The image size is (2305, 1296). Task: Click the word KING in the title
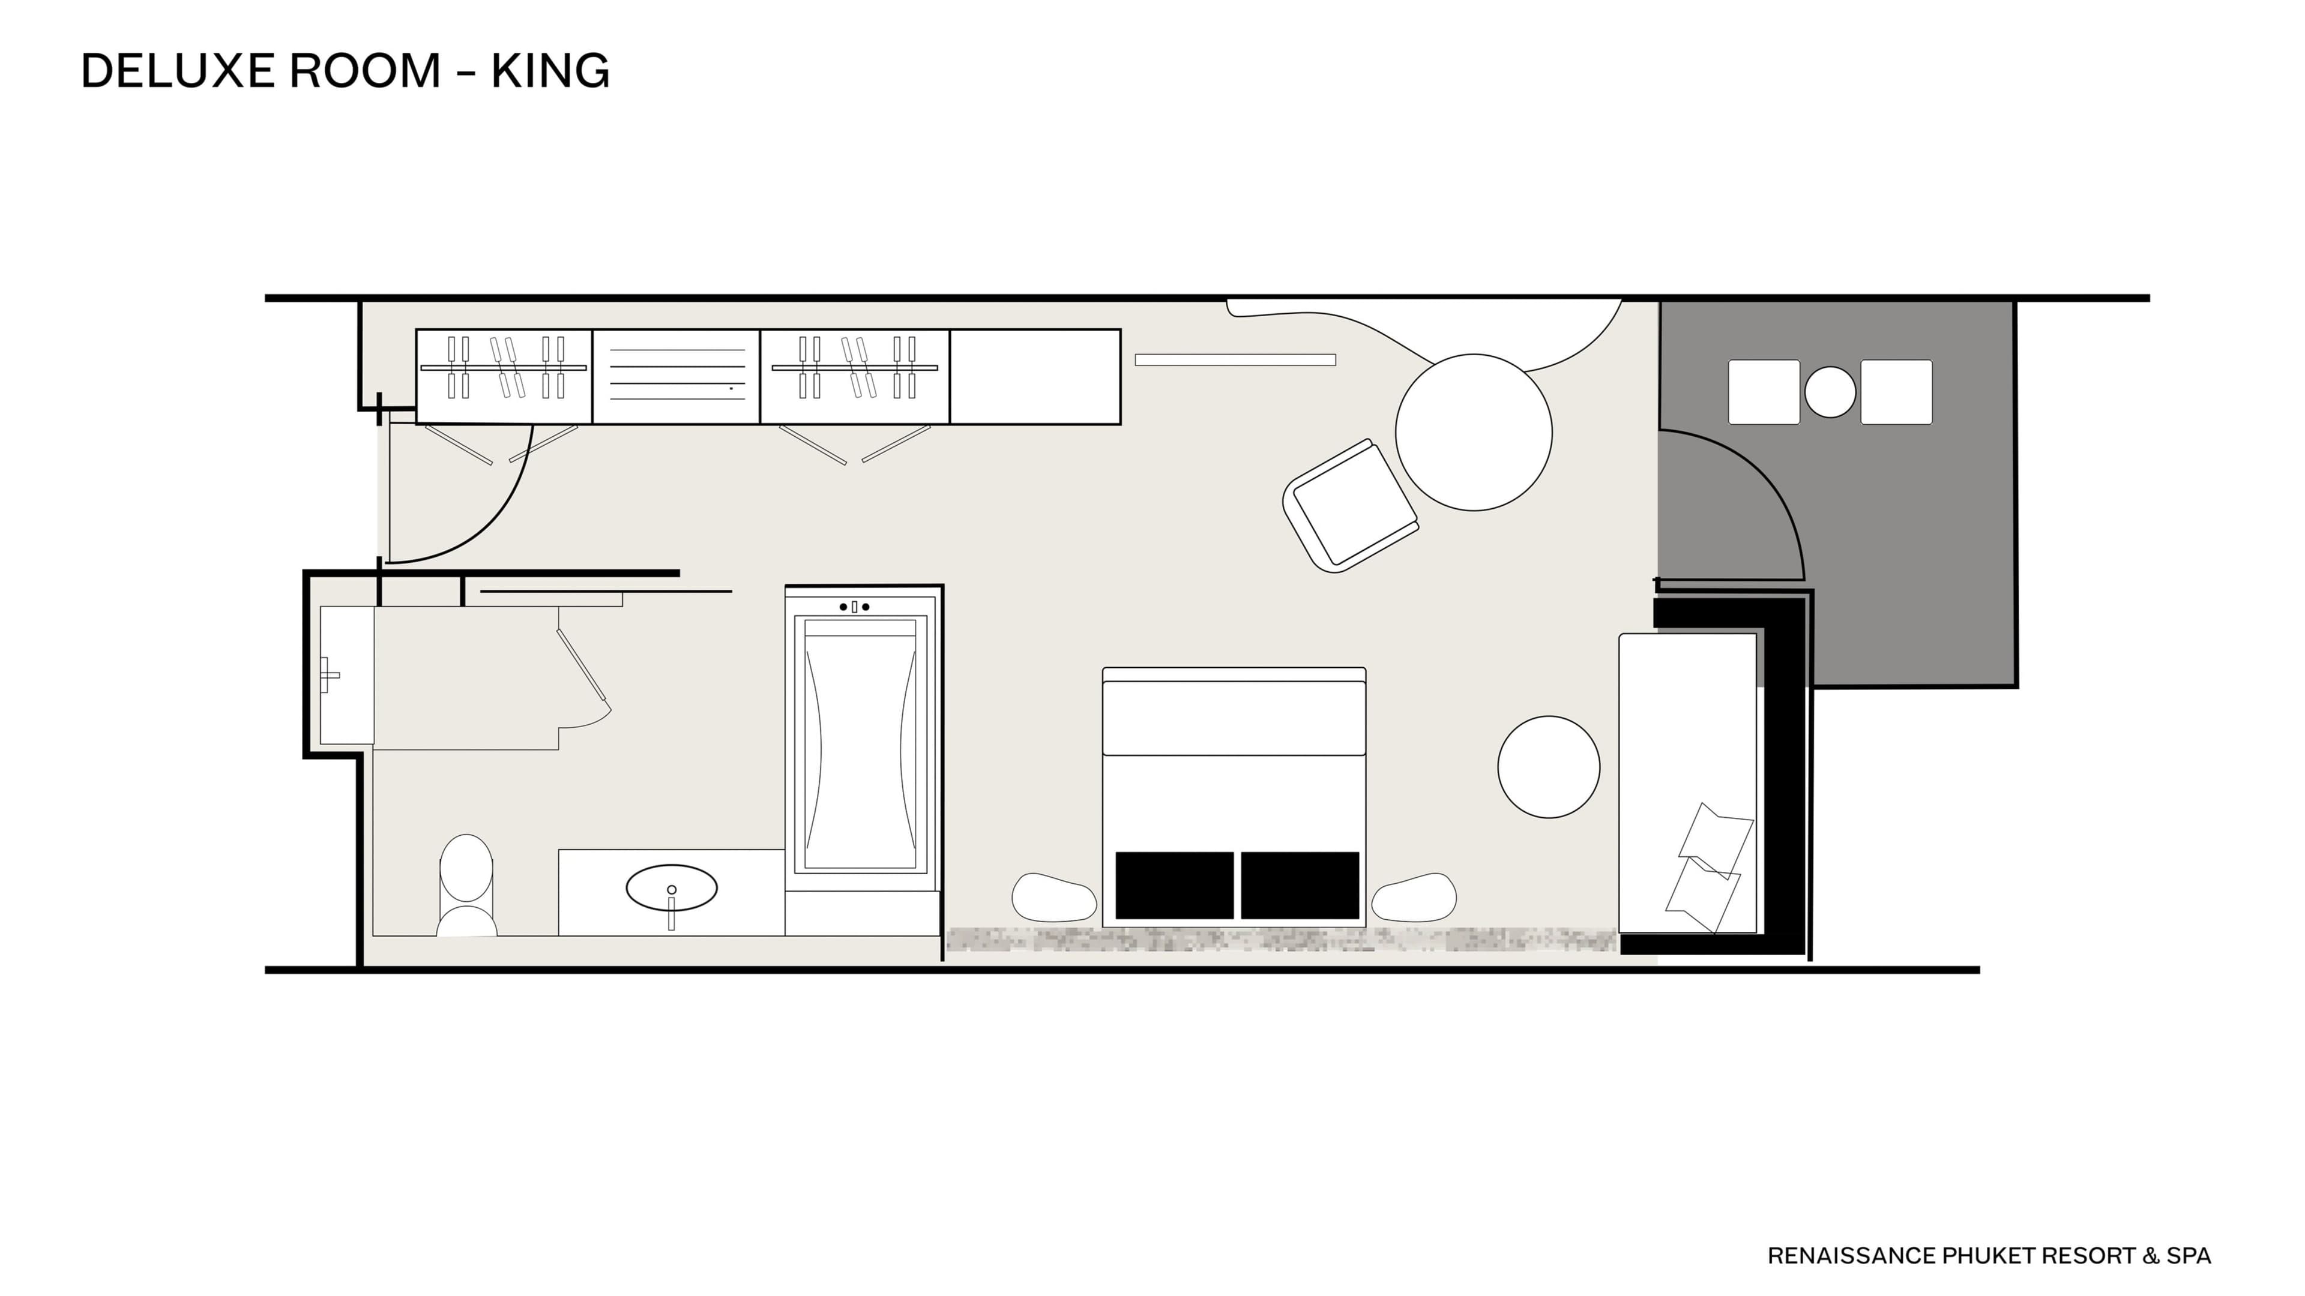click(550, 71)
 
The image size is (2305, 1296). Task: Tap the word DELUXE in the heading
click(175, 71)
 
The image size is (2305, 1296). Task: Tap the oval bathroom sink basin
click(671, 888)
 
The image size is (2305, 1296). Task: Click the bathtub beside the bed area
click(860, 742)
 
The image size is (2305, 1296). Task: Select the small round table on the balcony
click(1830, 392)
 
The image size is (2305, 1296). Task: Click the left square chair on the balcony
click(1764, 392)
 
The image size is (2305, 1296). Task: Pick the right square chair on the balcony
click(1896, 392)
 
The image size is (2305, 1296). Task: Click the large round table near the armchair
click(1474, 432)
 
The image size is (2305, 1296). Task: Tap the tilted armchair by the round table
click(1350, 505)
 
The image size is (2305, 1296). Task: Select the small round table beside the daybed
click(1549, 767)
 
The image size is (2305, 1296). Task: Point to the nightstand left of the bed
click(1054, 897)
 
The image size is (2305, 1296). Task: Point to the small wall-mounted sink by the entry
click(346, 674)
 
